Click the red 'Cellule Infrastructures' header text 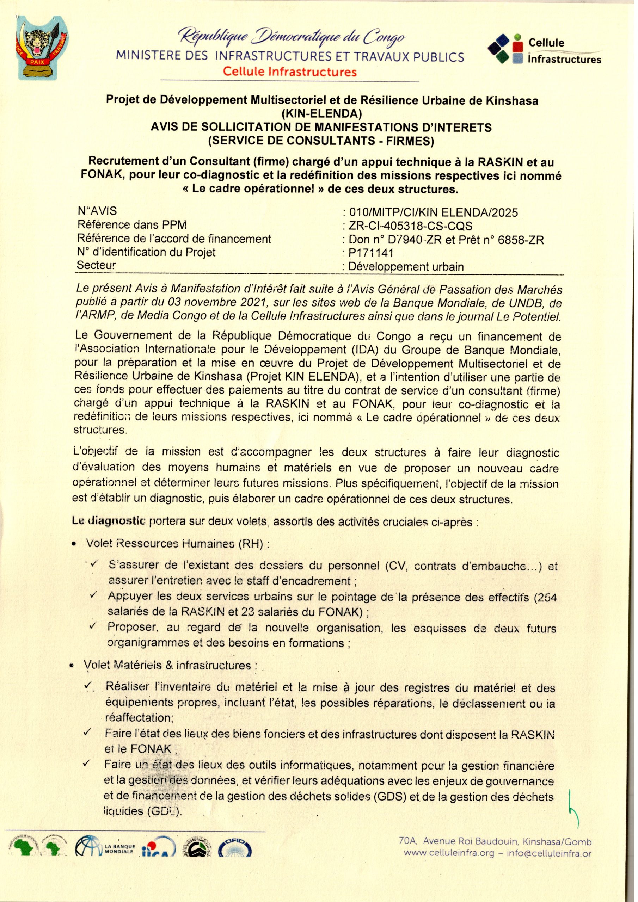tap(290, 72)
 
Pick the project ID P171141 tap(371, 253)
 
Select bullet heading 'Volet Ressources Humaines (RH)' tap(177, 544)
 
